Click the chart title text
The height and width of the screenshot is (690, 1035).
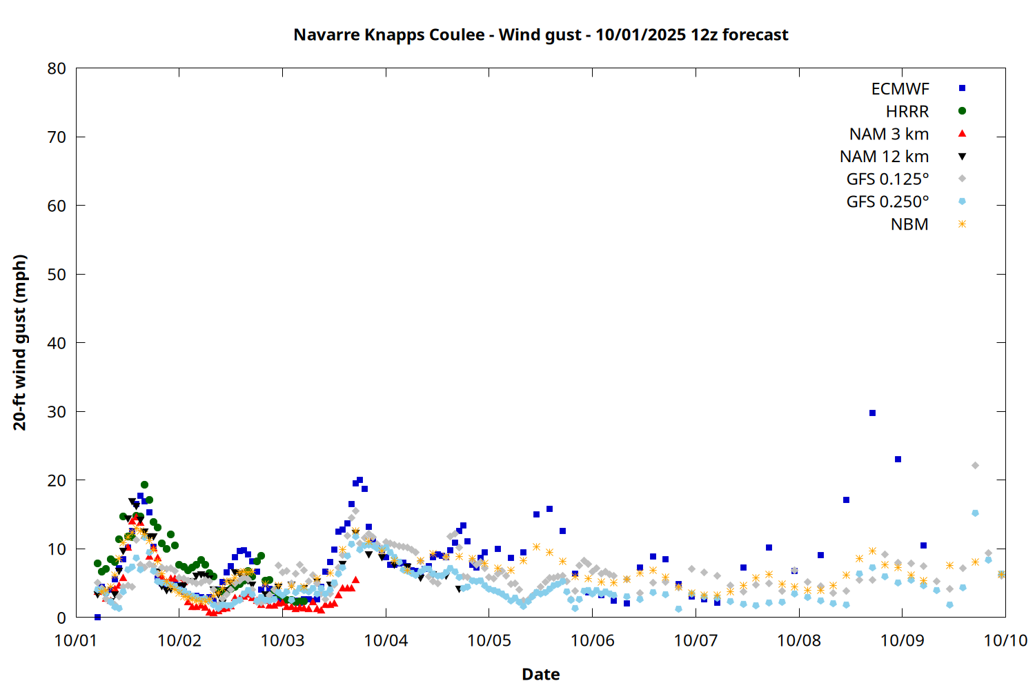pos(540,34)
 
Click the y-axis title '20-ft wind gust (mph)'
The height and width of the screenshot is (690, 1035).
pos(20,342)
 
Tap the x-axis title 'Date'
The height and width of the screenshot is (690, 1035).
pos(540,674)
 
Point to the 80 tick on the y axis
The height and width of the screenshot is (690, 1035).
pos(57,68)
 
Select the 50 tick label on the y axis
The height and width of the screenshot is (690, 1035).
pos(57,274)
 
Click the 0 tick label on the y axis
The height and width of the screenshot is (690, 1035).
pos(62,618)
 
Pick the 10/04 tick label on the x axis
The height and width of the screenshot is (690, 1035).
pos(386,640)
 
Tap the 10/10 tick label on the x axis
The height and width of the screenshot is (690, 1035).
pos(1005,640)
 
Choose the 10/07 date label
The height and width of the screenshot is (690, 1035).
pos(696,640)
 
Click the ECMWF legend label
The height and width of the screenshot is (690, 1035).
pos(900,89)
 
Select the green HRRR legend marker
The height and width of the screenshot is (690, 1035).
pos(962,111)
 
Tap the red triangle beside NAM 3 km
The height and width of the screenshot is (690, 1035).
pos(962,133)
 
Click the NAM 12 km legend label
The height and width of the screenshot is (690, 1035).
pos(884,157)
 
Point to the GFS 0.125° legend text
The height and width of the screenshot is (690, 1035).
pos(887,179)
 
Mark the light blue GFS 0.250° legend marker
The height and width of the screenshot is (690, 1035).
pos(962,201)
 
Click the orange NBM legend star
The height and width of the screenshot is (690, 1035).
pos(962,224)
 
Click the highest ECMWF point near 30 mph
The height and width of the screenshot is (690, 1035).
pos(872,413)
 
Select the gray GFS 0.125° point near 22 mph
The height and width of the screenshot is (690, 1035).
pos(975,465)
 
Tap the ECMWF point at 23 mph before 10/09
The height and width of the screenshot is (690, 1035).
pos(898,459)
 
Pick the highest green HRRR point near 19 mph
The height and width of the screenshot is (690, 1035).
pos(144,484)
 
